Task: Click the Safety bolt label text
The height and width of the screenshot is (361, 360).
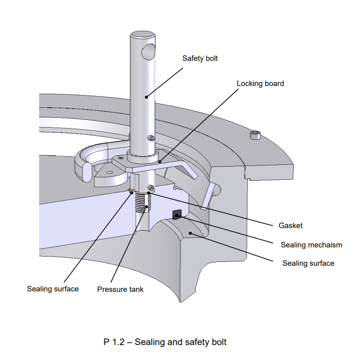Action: click(200, 58)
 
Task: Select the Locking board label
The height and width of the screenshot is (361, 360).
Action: click(260, 84)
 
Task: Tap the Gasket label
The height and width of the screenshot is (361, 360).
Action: click(290, 226)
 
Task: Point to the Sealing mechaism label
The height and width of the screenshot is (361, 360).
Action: click(311, 245)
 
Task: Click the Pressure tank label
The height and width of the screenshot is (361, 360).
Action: click(120, 289)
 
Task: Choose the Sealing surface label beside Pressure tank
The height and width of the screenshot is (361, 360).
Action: click(53, 289)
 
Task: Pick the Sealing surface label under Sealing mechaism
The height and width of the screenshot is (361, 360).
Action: click(308, 263)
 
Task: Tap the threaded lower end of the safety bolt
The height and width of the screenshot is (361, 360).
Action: click(141, 202)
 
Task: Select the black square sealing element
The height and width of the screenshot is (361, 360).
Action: click(176, 213)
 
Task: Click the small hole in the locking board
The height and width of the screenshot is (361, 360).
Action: click(109, 172)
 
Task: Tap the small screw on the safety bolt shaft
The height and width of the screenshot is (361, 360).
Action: click(152, 138)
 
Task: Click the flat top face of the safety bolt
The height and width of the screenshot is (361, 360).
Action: click(142, 35)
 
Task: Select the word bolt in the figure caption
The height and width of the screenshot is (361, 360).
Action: click(217, 342)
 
